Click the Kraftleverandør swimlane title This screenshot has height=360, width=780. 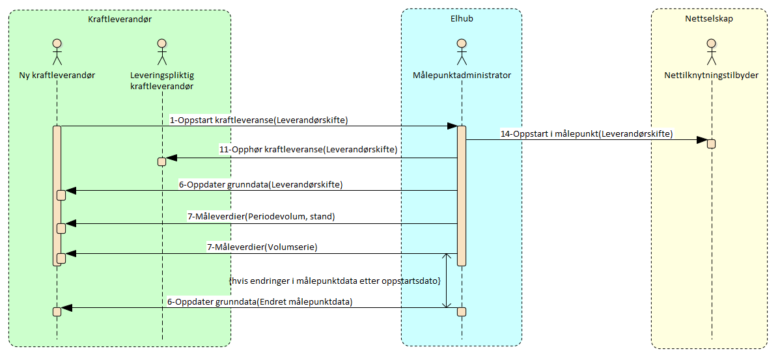(120, 20)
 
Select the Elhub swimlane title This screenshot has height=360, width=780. (461, 18)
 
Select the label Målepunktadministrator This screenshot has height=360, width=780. (462, 75)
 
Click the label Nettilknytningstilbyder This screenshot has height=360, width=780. (711, 75)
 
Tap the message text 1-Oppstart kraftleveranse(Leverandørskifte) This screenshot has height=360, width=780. (258, 120)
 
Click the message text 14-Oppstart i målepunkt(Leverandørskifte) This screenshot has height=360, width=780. (587, 133)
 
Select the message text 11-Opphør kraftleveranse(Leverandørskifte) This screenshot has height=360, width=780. (307, 150)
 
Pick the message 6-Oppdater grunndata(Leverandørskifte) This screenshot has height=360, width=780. (260, 184)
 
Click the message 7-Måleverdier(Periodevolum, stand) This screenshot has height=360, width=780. (260, 216)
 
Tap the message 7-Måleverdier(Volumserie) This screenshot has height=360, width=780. (261, 247)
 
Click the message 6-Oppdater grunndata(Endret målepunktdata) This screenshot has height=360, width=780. (260, 301)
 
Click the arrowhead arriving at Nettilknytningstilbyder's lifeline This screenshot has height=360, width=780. (702, 140)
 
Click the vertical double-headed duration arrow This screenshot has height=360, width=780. (446, 281)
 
